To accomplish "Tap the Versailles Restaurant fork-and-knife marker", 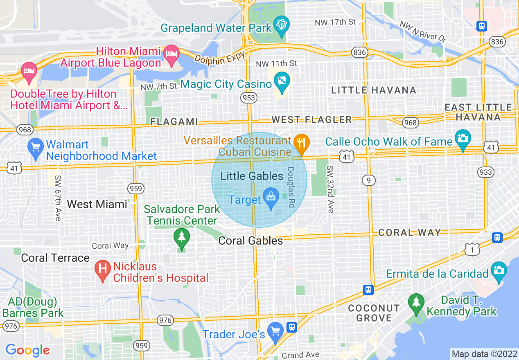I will (302, 143).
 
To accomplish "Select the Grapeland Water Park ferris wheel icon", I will (282, 24).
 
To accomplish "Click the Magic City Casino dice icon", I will (282, 81).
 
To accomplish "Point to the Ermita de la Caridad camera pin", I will (499, 270).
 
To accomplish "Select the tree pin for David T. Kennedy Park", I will (416, 303).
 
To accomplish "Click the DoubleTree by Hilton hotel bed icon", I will (29, 70).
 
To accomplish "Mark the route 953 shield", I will (249, 97).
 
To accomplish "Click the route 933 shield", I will (486, 172).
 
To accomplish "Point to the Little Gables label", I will (252, 176).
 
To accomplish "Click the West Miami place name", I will (97, 204).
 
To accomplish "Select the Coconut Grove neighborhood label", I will (374, 313).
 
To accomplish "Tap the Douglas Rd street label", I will (291, 187).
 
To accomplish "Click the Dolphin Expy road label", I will (219, 56).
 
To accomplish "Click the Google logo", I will (27, 350).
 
